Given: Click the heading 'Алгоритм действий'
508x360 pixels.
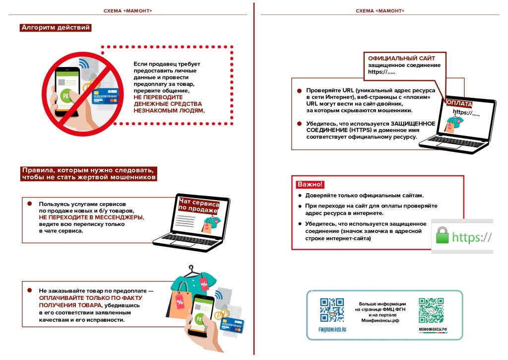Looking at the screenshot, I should (x=56, y=28).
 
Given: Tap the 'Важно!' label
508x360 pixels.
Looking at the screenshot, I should (x=310, y=185).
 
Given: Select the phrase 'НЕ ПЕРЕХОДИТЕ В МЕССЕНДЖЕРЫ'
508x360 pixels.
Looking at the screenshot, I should (x=92, y=217).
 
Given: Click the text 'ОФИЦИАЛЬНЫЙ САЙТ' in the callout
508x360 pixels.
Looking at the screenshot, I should (x=395, y=59).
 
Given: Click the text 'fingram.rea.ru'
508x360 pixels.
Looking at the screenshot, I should (x=332, y=329).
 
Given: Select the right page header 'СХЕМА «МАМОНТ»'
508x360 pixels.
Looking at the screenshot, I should (x=380, y=10).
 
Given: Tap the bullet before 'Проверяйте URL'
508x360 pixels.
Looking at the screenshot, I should (x=299, y=91).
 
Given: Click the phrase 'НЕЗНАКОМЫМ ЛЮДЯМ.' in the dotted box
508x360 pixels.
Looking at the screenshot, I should (x=169, y=111).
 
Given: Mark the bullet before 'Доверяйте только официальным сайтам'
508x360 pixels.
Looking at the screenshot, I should (x=300, y=195).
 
